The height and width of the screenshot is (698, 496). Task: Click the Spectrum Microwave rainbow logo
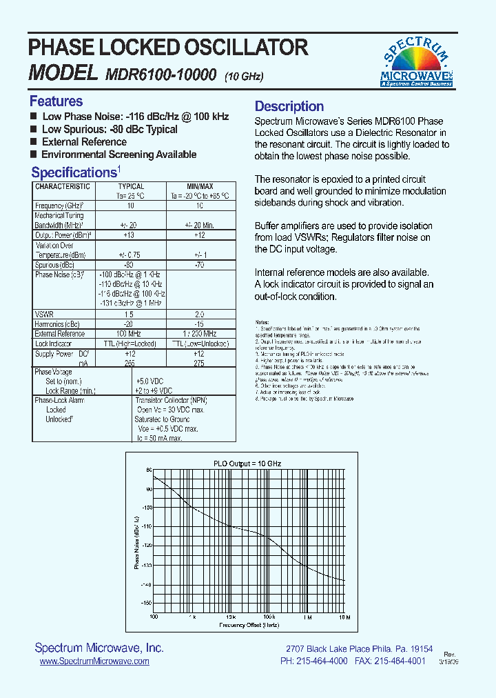[417, 61]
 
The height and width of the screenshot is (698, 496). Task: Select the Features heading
[56, 101]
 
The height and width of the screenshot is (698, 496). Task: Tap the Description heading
[289, 106]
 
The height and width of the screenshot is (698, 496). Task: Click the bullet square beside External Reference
[34, 142]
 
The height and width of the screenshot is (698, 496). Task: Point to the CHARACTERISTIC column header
[63, 186]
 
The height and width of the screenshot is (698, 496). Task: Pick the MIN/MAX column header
[200, 186]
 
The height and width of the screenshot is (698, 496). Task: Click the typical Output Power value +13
[130, 235]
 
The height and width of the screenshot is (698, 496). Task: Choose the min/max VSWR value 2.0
[200, 314]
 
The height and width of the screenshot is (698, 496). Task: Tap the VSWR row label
[44, 314]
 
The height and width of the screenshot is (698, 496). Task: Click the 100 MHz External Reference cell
[130, 333]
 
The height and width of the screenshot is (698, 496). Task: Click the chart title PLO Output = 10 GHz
[247, 463]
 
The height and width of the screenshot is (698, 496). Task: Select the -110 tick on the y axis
[147, 526]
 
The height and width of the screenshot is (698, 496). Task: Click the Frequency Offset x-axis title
[249, 625]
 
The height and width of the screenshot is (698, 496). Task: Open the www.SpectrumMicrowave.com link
[94, 661]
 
